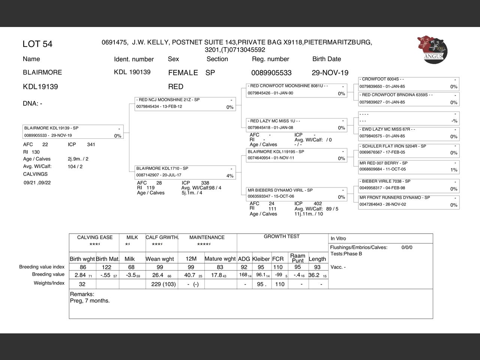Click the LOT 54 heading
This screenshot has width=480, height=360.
click(37, 44)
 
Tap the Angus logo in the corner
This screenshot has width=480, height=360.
click(432, 49)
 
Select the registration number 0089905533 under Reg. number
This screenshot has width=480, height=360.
click(271, 73)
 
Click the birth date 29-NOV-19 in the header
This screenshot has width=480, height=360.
click(330, 73)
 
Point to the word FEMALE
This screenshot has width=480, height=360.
click(183, 73)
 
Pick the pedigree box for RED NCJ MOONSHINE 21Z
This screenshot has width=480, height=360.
click(185, 103)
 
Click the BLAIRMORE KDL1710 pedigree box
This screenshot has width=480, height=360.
click(185, 172)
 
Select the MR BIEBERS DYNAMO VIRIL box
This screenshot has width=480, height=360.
click(297, 193)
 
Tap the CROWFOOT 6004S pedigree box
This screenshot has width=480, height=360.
click(409, 83)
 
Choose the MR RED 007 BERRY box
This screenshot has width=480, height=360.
click(409, 166)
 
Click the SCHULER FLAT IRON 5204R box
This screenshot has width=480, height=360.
click(409, 150)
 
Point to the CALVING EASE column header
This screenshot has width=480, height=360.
click(95, 237)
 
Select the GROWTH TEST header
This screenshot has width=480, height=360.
click(282, 237)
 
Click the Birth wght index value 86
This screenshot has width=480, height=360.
click(83, 267)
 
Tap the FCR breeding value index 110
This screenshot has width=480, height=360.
click(278, 267)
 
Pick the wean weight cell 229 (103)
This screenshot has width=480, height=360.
click(163, 284)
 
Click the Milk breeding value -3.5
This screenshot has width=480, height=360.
click(131, 275)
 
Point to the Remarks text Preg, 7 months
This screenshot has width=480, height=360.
click(90, 301)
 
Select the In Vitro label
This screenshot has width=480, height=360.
click(338, 238)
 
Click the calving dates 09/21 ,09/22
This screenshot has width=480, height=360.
click(37, 183)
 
